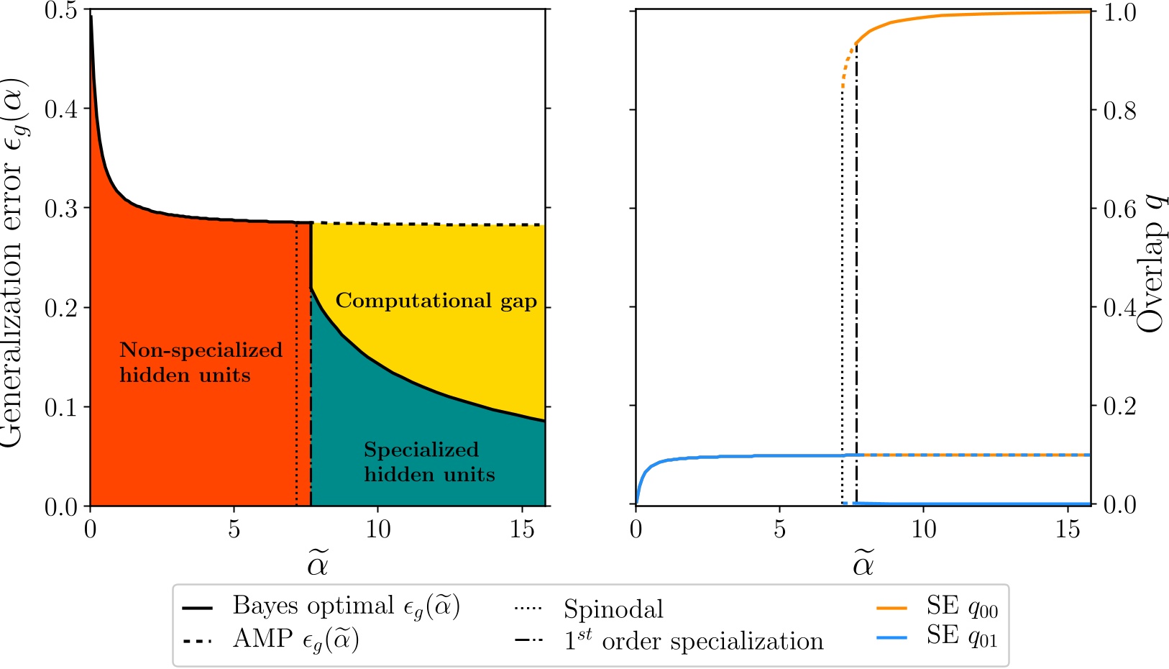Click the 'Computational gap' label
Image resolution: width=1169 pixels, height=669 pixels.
pos(436,301)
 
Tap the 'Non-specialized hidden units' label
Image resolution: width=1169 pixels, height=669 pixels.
pos(201,363)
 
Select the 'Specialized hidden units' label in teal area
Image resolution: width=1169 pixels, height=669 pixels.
pos(428,462)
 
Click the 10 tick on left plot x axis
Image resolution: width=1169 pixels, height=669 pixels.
pos(377,530)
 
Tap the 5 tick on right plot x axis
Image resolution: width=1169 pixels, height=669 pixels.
pos(779,530)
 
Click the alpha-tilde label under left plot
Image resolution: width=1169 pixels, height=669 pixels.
pos(317,564)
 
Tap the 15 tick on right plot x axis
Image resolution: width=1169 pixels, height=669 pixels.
pos(1068,530)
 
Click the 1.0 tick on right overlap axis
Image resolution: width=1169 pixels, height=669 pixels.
pos(1120,13)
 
